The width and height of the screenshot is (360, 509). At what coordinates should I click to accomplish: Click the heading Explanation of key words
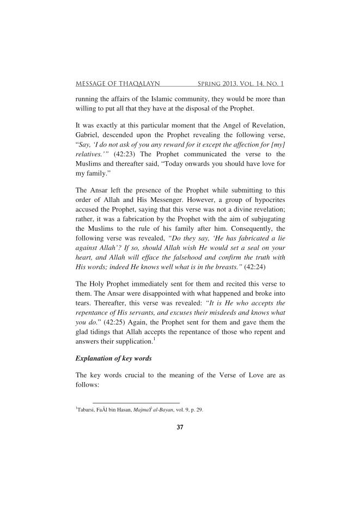(112, 360)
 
